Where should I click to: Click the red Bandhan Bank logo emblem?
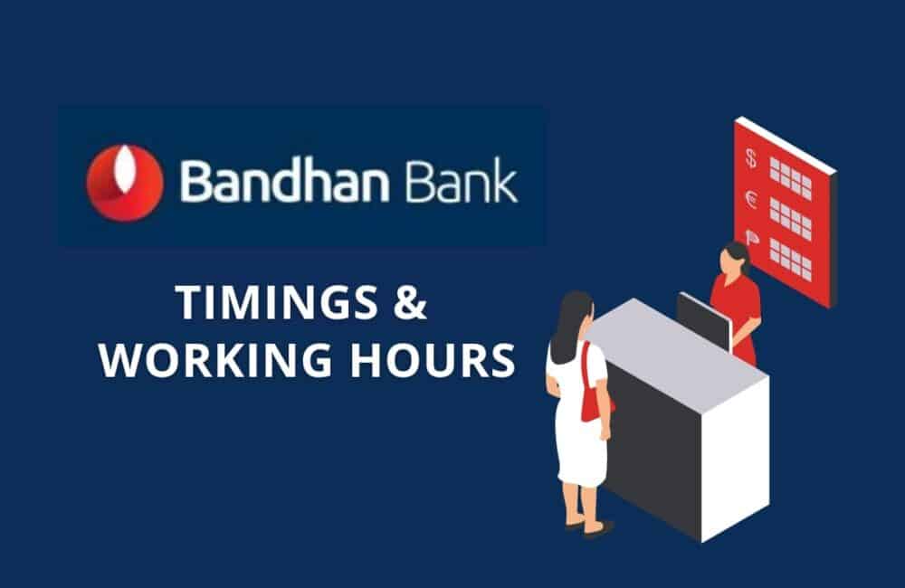[125, 182]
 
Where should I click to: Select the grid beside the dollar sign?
[790, 176]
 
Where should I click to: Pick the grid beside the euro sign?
[790, 218]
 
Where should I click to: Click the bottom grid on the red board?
[790, 259]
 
